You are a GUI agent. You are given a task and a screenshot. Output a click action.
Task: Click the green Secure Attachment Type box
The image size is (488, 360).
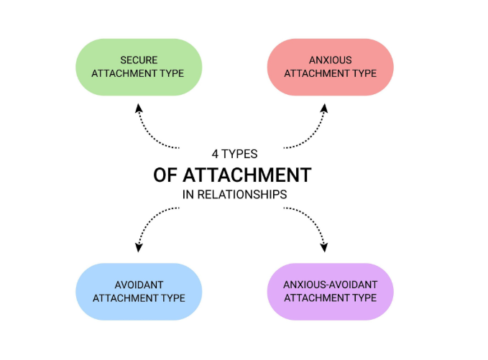tap(139, 66)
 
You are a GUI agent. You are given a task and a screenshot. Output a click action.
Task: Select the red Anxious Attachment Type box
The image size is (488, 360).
tap(330, 66)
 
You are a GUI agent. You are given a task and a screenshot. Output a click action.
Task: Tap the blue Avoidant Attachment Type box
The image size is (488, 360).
tap(139, 291)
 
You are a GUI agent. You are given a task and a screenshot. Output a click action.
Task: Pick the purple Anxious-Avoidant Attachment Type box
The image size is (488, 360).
tap(330, 291)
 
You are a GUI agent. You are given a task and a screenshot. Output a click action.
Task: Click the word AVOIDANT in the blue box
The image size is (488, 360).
tap(139, 284)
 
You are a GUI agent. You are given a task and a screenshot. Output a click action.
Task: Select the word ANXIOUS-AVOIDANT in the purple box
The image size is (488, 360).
tap(331, 284)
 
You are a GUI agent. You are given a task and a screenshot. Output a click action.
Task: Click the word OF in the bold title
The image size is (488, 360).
tap(167, 175)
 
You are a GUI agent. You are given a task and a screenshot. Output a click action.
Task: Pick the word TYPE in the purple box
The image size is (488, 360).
tap(363, 298)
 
